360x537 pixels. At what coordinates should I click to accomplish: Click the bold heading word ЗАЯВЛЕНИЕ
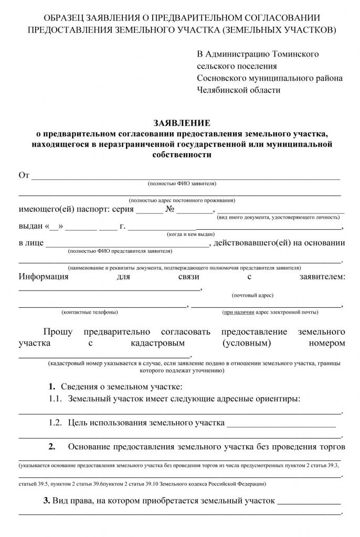click(182, 123)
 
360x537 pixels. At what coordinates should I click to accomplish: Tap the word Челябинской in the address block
click(220, 90)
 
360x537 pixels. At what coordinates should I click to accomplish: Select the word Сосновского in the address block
click(221, 78)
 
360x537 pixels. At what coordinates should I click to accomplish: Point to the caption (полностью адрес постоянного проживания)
click(182, 200)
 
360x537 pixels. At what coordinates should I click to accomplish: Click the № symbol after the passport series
click(170, 209)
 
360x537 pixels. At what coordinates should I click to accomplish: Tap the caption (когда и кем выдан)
click(190, 234)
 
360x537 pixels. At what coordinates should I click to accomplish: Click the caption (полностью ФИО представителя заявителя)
click(120, 251)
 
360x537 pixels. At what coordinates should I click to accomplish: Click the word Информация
click(44, 276)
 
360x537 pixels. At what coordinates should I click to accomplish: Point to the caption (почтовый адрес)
click(252, 295)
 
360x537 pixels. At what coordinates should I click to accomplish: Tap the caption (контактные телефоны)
click(90, 312)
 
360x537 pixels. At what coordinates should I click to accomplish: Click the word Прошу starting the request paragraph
click(58, 331)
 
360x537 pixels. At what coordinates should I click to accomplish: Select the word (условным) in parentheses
click(246, 343)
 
